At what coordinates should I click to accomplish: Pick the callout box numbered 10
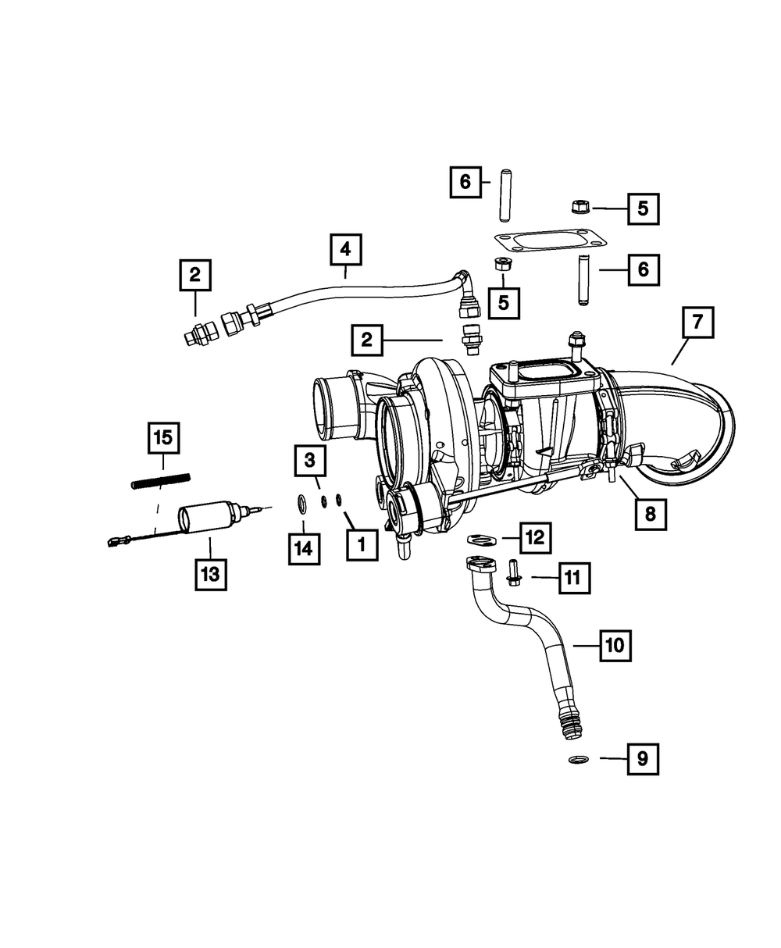615,645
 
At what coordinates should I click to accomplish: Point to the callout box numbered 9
642,758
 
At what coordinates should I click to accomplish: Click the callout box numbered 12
536,537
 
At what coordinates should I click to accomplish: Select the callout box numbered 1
362,544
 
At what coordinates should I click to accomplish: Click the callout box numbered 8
651,514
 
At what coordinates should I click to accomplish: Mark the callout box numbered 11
572,579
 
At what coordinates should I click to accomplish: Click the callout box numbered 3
310,462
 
